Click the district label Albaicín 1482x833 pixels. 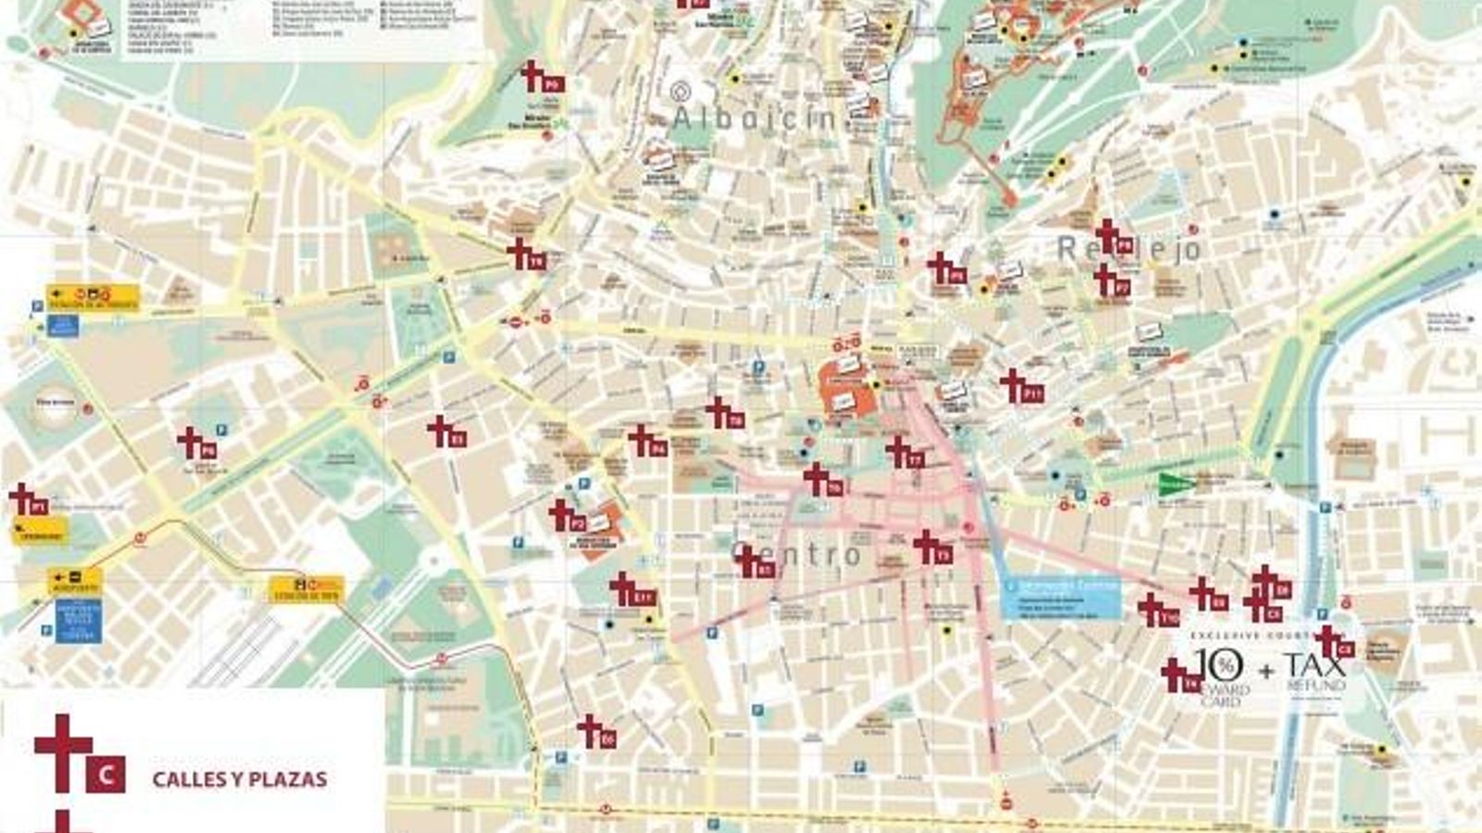point(755,118)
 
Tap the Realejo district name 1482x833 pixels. point(1130,248)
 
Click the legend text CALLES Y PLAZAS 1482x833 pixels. point(239,779)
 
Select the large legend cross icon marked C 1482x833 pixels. point(79,754)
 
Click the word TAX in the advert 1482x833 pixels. point(1314,665)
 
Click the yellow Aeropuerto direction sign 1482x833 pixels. point(75,582)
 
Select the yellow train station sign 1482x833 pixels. point(307,589)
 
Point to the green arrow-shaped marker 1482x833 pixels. point(1176,482)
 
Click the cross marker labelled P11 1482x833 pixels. point(1022,387)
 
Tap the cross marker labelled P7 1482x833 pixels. point(1111,280)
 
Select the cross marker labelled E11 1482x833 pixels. point(633,591)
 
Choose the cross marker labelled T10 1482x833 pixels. point(1158,611)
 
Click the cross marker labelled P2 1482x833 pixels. point(567,516)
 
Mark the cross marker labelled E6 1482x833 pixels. point(597,732)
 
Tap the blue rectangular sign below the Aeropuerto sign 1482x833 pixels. point(79,620)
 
